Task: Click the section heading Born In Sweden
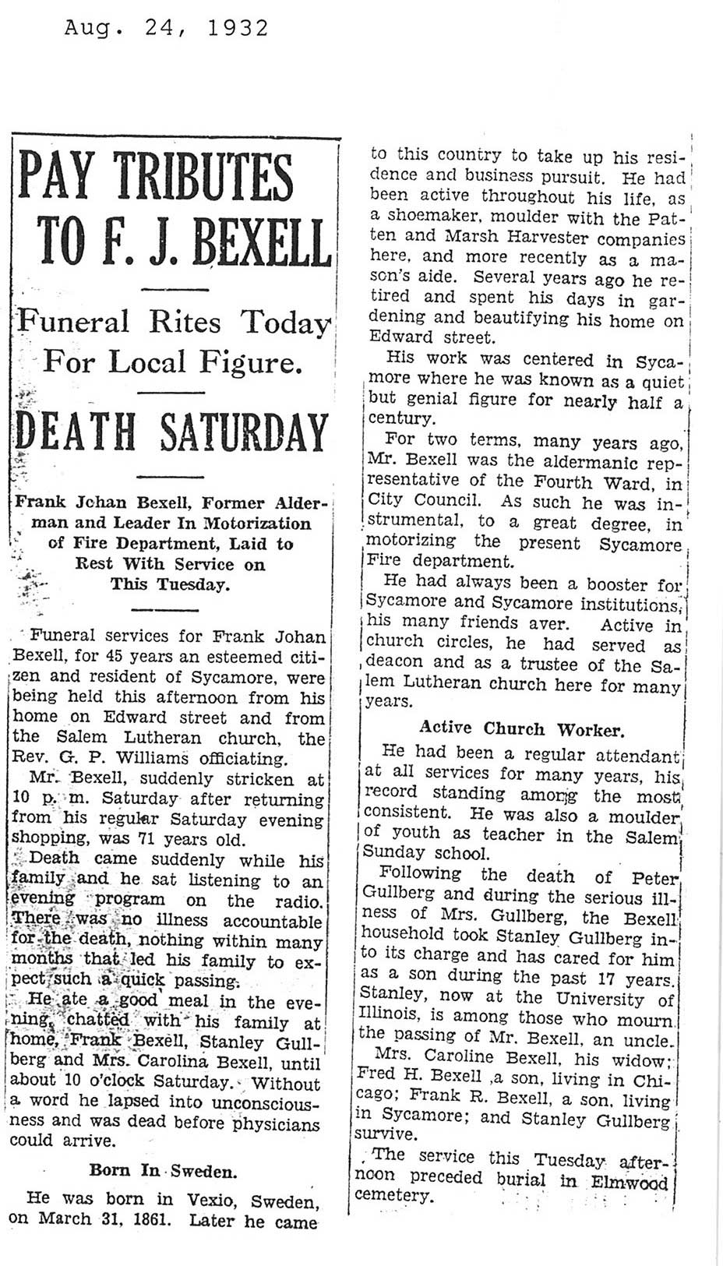(163, 1170)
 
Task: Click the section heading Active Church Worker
(521, 729)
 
